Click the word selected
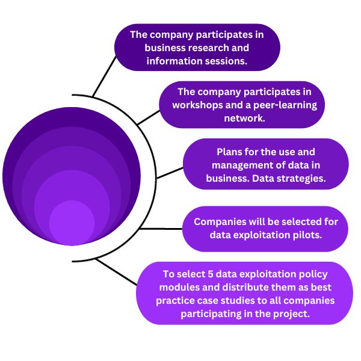pos(293,221)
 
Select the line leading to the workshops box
pos(148,118)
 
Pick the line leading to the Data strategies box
pos(169,173)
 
